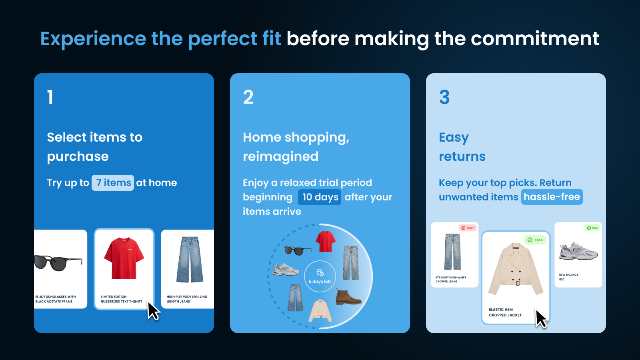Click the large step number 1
[x=50, y=97]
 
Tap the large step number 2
[x=248, y=97]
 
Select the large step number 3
[x=444, y=97]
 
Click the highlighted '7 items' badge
[x=113, y=183]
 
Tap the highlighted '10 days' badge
[x=320, y=197]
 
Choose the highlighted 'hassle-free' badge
[x=552, y=197]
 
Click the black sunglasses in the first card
[x=58, y=262]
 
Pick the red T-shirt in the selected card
[x=124, y=258]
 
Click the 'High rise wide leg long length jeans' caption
[x=187, y=299]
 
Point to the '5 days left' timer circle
[x=320, y=276]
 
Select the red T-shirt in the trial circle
[x=325, y=241]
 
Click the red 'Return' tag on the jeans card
[x=468, y=228]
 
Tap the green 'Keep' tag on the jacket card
[x=535, y=240]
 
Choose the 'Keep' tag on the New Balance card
[x=592, y=228]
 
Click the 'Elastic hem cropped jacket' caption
[x=505, y=312]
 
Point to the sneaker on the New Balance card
[x=578, y=251]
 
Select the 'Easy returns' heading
[x=462, y=147]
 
